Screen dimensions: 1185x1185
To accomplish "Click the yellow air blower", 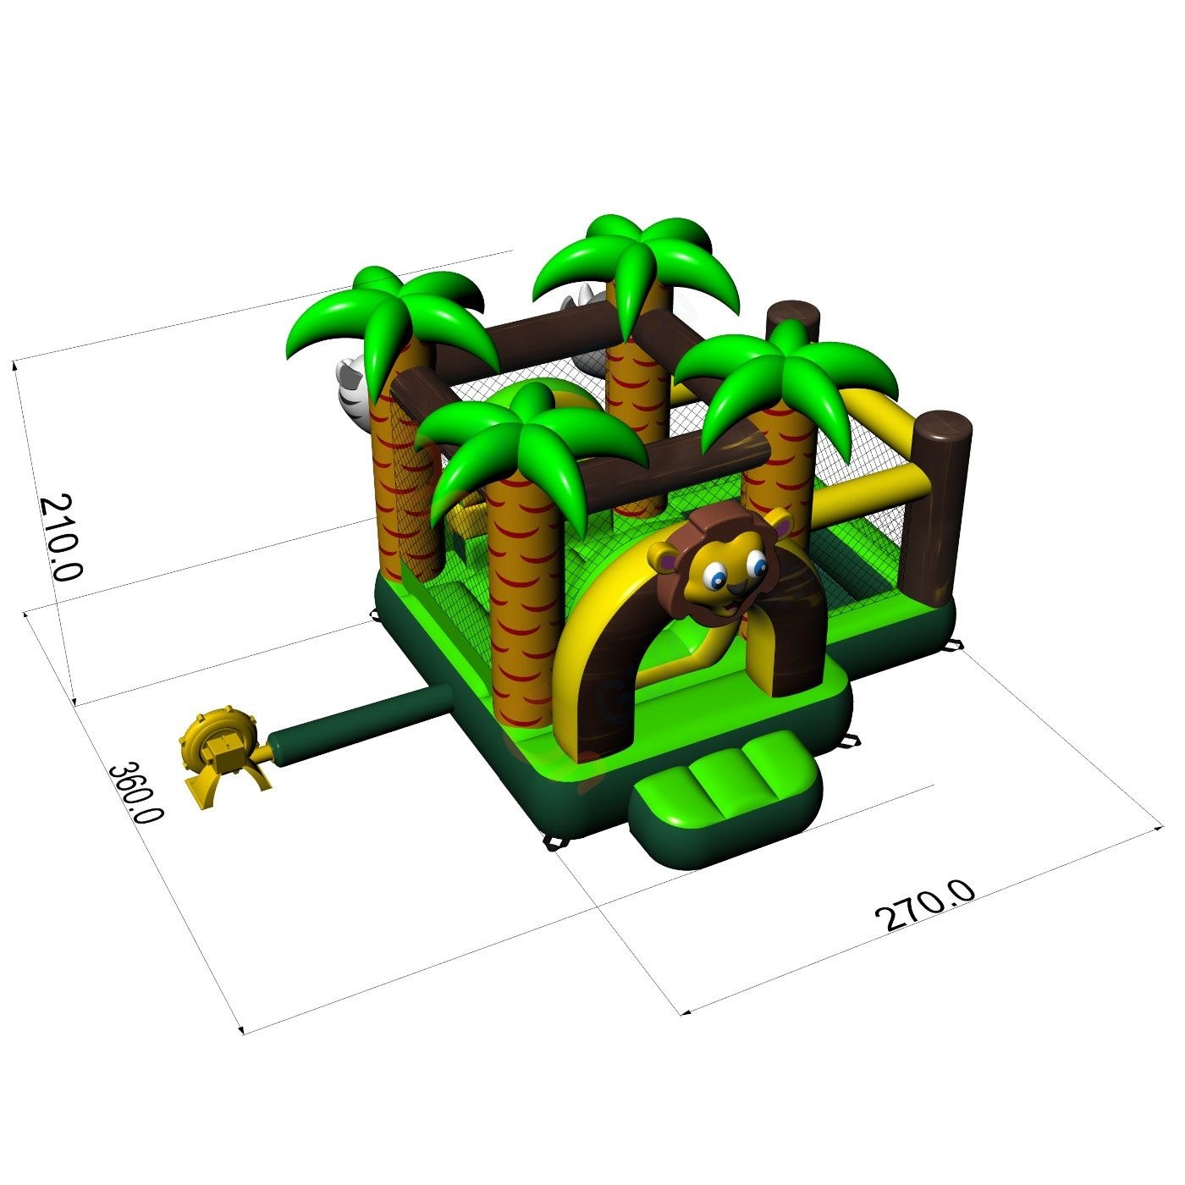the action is [x=225, y=757].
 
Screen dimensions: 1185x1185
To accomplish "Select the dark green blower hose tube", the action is [x=362, y=725].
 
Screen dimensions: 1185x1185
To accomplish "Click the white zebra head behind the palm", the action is [x=354, y=390].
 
